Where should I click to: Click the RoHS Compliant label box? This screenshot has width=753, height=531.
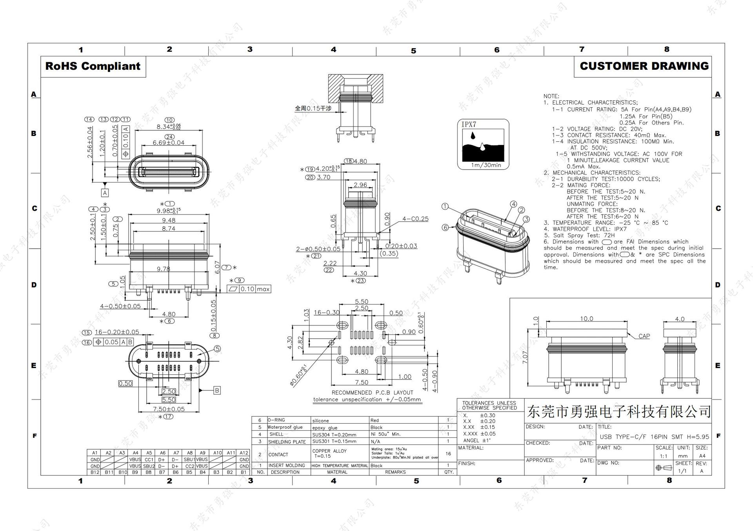(x=93, y=66)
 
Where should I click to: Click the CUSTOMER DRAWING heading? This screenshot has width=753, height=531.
(x=644, y=66)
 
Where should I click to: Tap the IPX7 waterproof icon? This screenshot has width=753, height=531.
(x=483, y=144)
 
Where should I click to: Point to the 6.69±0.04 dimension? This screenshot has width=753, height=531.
(x=169, y=143)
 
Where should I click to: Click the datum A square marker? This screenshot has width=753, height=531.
(x=105, y=193)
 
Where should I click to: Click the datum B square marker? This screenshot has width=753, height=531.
(x=216, y=390)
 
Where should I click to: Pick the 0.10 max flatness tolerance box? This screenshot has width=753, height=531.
(x=249, y=289)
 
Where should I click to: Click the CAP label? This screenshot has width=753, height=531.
(x=644, y=336)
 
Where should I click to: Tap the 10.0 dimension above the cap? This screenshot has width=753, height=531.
(x=586, y=319)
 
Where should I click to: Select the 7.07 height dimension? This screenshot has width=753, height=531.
(x=525, y=357)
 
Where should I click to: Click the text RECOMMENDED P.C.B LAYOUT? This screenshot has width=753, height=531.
(x=372, y=392)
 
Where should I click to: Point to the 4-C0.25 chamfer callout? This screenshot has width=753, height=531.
(x=415, y=219)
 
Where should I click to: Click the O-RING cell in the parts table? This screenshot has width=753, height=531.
(x=277, y=420)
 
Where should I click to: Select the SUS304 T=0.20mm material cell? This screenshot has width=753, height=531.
(x=334, y=434)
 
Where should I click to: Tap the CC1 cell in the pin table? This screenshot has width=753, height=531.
(x=149, y=459)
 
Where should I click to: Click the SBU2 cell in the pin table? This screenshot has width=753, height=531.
(x=149, y=466)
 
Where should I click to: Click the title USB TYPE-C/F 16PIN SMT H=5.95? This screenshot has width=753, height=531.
(x=654, y=437)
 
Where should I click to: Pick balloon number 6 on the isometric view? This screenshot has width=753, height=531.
(x=445, y=228)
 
